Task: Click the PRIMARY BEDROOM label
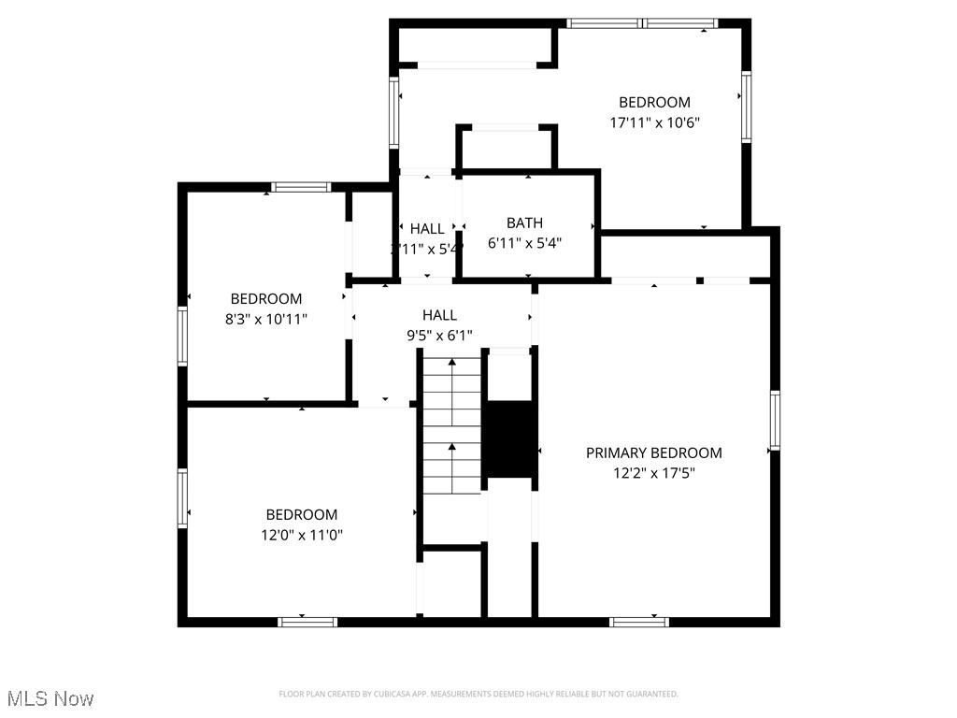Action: pyautogui.click(x=653, y=452)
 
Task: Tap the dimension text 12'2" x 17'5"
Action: pyautogui.click(x=653, y=473)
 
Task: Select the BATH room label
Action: pyautogui.click(x=524, y=223)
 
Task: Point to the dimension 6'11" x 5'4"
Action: pyautogui.click(x=524, y=243)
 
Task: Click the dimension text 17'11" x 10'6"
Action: pyautogui.click(x=654, y=122)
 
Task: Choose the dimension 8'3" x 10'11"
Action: pyautogui.click(x=266, y=319)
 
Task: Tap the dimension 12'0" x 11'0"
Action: pyautogui.click(x=301, y=535)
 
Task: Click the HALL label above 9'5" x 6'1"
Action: pyautogui.click(x=439, y=315)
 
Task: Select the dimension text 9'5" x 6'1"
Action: pyautogui.click(x=439, y=335)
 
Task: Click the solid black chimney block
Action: pyautogui.click(x=510, y=439)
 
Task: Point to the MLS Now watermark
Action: pyautogui.click(x=50, y=698)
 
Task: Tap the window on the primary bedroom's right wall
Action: pyautogui.click(x=775, y=421)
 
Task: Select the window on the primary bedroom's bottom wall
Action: pyautogui.click(x=639, y=621)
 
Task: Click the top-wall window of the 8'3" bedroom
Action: pyautogui.click(x=301, y=187)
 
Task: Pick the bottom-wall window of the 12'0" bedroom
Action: pyautogui.click(x=307, y=621)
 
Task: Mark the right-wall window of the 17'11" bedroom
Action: pyautogui.click(x=746, y=107)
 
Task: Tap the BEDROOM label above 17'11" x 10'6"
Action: pyautogui.click(x=654, y=102)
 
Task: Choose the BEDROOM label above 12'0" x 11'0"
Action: pyautogui.click(x=301, y=514)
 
